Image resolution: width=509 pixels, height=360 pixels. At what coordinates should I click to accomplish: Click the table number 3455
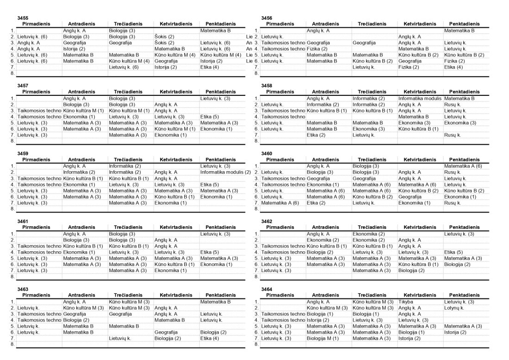coord(23,18)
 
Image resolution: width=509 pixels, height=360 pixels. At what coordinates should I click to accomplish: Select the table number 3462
coord(267,221)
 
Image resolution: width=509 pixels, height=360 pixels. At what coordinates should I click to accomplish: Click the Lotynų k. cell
coord(454,308)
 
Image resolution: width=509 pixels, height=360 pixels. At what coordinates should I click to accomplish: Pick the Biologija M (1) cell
coord(323,338)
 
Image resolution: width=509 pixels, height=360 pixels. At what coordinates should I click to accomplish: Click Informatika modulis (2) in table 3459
coord(225,172)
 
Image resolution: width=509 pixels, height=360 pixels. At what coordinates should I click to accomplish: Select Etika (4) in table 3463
coord(210,338)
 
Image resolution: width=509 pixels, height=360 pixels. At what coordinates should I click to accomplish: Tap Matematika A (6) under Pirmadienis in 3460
coord(280,203)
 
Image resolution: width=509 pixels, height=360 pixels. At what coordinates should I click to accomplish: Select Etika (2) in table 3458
coord(317,135)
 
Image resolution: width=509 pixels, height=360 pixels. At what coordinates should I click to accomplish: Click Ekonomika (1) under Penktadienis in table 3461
coord(213,264)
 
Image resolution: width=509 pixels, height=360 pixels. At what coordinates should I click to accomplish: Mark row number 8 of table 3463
coord(13,344)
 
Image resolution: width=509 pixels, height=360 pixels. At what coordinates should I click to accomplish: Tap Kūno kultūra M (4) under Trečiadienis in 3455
coord(129,61)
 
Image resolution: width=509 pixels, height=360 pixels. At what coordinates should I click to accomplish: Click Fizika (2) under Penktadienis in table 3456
coord(454,61)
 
